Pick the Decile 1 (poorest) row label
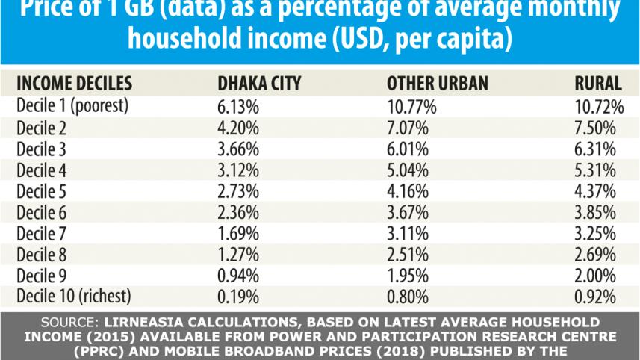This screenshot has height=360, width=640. [x=72, y=106]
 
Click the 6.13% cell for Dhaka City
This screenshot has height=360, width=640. [x=237, y=106]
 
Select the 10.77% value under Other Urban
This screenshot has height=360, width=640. [x=411, y=106]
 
